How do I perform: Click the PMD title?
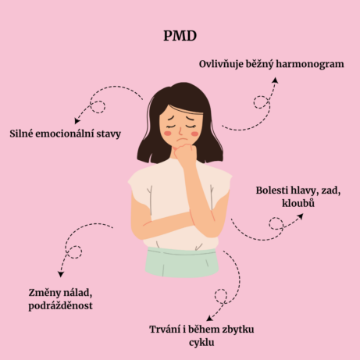(x=180, y=36)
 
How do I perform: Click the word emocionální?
(x=65, y=134)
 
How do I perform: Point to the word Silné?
(x=21, y=134)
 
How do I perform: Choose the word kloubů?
(x=298, y=203)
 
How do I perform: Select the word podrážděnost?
(x=60, y=306)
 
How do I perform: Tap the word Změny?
(x=41, y=293)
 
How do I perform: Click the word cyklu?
(x=201, y=343)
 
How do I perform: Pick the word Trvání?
(x=165, y=330)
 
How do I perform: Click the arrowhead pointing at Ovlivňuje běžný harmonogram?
(x=275, y=80)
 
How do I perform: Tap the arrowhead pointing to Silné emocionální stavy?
(x=77, y=121)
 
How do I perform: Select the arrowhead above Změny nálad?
(x=61, y=274)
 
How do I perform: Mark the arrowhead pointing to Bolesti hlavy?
(x=301, y=216)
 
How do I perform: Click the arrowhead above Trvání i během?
(x=209, y=318)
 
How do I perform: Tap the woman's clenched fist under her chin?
(x=185, y=154)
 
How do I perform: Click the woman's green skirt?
(x=182, y=262)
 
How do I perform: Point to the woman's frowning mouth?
(x=181, y=140)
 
